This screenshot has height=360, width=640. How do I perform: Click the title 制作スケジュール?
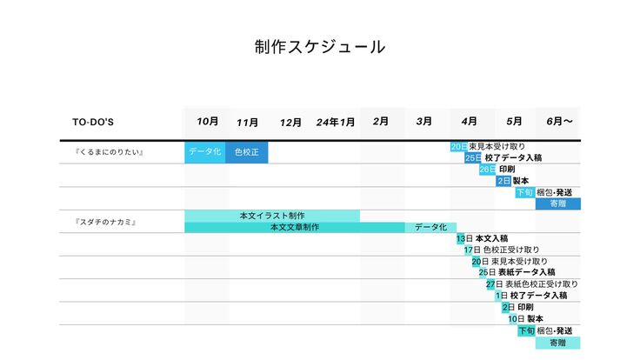[x=319, y=47]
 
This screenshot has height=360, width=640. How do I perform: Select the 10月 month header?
[x=207, y=122]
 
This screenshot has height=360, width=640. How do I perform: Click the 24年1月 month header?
[x=336, y=123]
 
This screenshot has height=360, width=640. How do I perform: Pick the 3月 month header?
[x=424, y=122]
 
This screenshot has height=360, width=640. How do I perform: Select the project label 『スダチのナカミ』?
[x=107, y=223]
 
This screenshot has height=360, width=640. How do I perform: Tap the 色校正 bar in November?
[x=247, y=152]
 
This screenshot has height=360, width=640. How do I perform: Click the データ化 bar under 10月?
[x=205, y=152]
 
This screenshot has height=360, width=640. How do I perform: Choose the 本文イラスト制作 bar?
[x=271, y=216]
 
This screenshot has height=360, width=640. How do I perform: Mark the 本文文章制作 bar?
[x=294, y=227]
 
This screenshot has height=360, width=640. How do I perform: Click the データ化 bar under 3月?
[x=430, y=227]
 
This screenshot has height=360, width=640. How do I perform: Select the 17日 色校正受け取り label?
[x=501, y=250]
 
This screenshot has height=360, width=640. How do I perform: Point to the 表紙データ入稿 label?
[x=526, y=272]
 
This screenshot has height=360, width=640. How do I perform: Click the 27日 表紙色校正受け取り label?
[x=531, y=283]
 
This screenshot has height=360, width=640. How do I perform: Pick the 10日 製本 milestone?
[x=527, y=318]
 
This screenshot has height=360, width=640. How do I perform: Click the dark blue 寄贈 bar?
[x=558, y=203]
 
